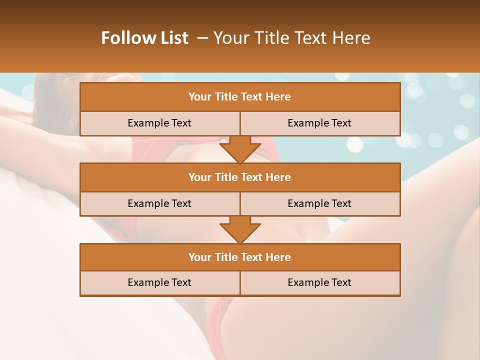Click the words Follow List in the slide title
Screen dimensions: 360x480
point(145,38)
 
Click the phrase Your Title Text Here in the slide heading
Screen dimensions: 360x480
point(291,38)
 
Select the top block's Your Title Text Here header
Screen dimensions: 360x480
point(240,97)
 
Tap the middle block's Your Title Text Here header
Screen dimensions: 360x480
point(240,177)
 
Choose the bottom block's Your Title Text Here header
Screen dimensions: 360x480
point(240,257)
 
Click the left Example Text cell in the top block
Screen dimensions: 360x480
point(159,123)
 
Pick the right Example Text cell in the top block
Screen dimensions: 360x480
point(319,123)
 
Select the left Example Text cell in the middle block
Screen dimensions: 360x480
point(159,203)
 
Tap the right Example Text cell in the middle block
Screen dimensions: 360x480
point(319,203)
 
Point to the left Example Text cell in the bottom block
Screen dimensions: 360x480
point(159,282)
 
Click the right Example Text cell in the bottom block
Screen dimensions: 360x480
point(319,282)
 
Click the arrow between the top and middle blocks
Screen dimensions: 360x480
point(240,149)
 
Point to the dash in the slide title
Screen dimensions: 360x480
point(202,38)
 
